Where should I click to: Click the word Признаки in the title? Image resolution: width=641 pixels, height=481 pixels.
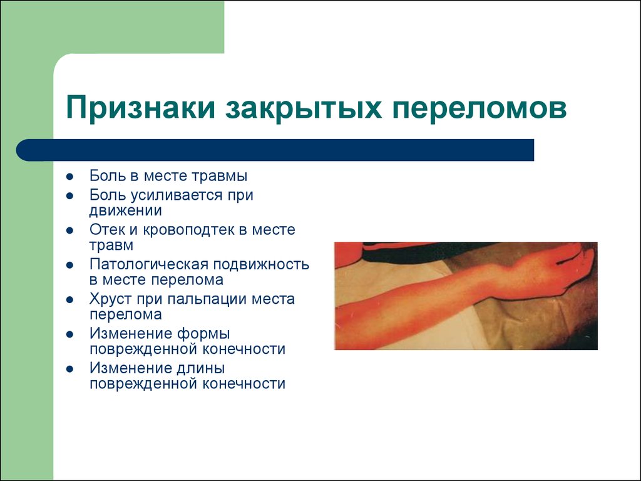(x=140, y=108)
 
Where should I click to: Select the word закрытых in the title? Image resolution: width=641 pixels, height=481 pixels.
(x=303, y=108)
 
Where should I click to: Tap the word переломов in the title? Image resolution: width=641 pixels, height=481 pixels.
(x=479, y=108)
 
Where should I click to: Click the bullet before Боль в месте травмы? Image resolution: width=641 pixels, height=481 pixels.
(x=70, y=177)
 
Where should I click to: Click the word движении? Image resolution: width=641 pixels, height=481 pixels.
(x=125, y=210)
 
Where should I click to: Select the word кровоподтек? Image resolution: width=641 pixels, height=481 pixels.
(x=188, y=230)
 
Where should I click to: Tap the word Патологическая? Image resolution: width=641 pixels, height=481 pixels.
(x=149, y=264)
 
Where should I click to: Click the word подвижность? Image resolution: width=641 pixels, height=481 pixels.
(x=261, y=264)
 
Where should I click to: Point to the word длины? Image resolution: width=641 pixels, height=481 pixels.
(x=200, y=368)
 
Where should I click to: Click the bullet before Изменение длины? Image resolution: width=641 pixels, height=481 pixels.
(x=70, y=369)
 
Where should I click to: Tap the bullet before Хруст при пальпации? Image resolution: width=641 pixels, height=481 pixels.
(x=70, y=300)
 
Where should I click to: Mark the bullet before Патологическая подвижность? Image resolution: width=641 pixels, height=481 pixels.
(x=70, y=265)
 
